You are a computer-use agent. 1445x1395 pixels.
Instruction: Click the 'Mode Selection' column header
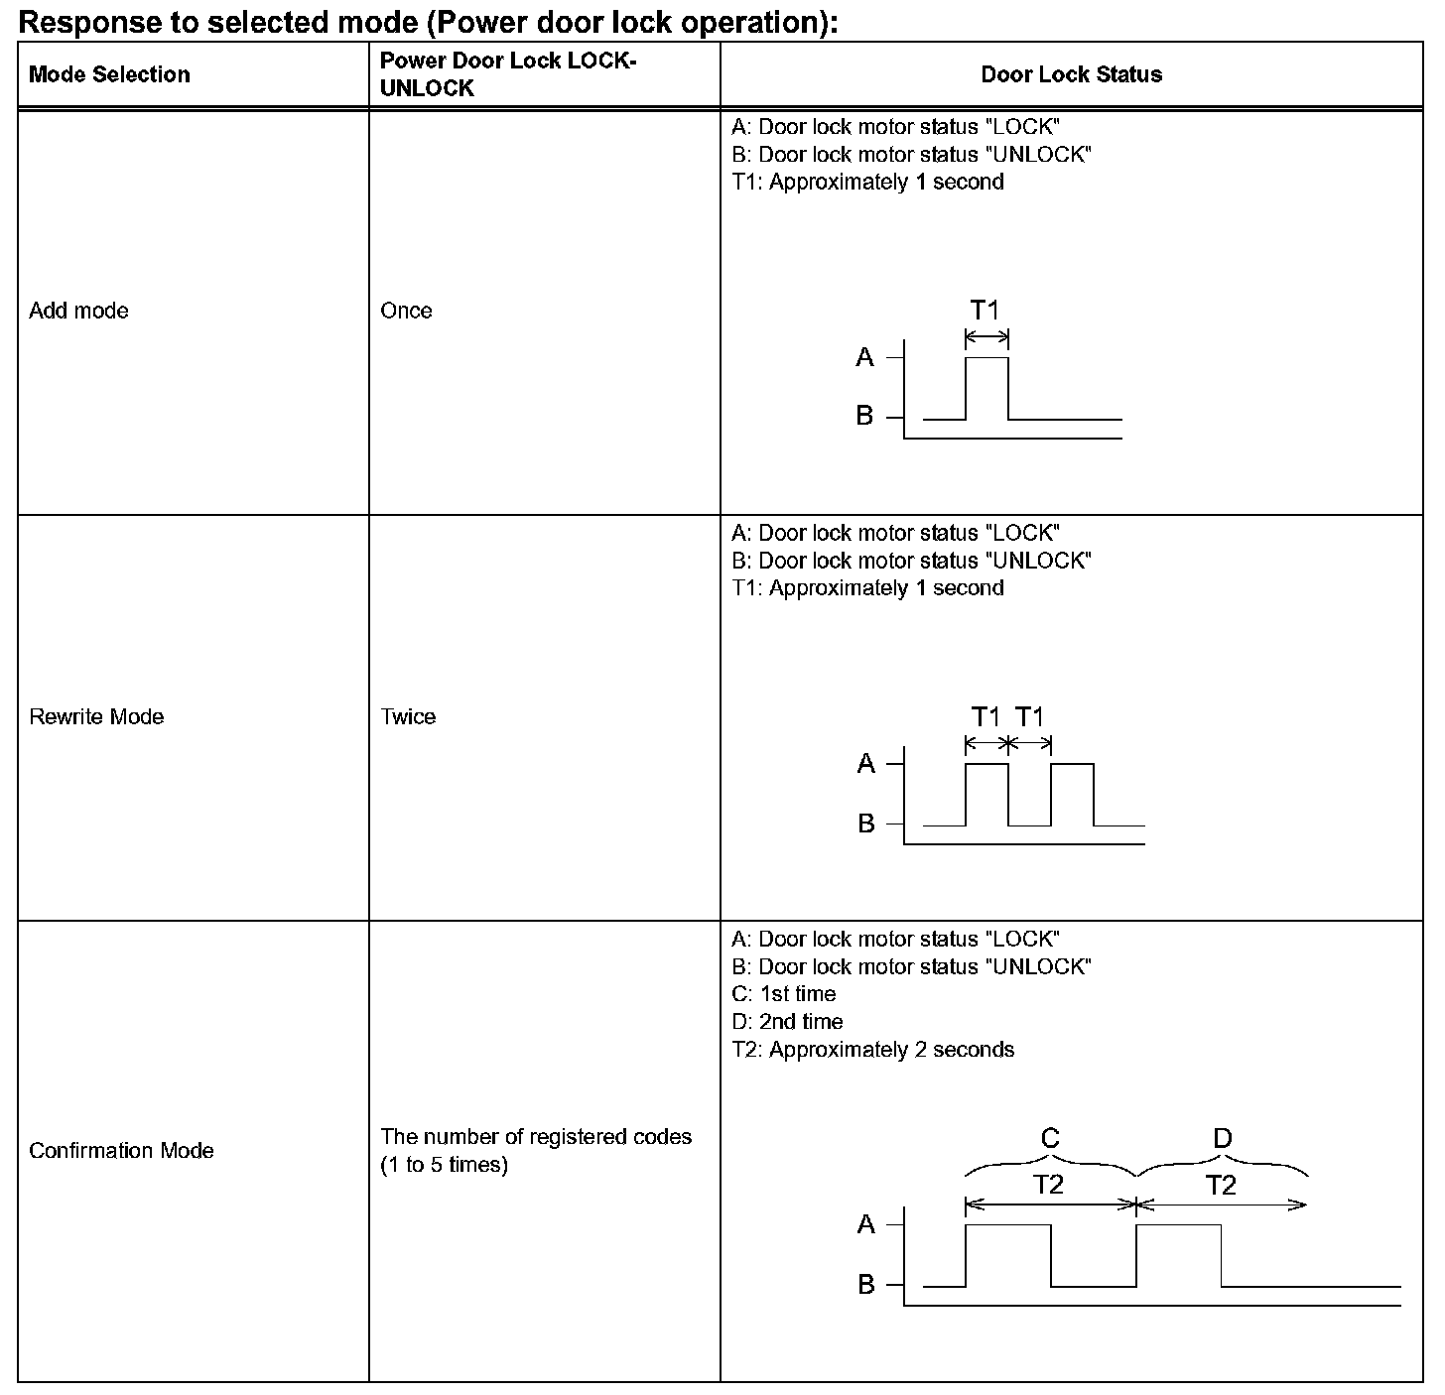[x=109, y=74]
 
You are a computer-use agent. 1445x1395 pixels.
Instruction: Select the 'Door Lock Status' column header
[x=1071, y=74]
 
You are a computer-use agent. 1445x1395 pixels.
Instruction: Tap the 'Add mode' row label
[x=79, y=311]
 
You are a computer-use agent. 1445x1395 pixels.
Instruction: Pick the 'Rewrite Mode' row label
[x=96, y=716]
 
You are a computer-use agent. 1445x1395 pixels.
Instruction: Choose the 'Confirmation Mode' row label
[x=121, y=1150]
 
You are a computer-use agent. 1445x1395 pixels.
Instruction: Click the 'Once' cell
[x=406, y=311]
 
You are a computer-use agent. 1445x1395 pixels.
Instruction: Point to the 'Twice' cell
[x=408, y=716]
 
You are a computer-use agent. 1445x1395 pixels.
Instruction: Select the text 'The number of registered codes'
[x=536, y=1136]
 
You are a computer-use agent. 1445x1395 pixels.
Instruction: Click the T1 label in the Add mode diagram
[x=985, y=311]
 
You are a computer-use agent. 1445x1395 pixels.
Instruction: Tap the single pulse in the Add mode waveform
[x=986, y=387]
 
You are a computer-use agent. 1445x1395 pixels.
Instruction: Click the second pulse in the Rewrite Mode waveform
[x=1072, y=793]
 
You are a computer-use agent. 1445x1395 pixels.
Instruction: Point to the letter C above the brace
[x=1050, y=1138]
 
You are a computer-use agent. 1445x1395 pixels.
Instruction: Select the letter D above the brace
[x=1223, y=1138]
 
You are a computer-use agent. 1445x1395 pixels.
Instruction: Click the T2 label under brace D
[x=1221, y=1185]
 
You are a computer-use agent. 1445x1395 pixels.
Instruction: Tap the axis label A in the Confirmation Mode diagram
[x=866, y=1224]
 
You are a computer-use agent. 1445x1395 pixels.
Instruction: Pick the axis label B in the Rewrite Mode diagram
[x=866, y=824]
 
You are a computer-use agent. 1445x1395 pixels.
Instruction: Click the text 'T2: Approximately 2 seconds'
[x=873, y=1049]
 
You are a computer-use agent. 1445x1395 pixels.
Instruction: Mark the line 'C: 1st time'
[x=784, y=993]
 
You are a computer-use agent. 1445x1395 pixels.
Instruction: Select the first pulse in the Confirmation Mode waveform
[x=1007, y=1254]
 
